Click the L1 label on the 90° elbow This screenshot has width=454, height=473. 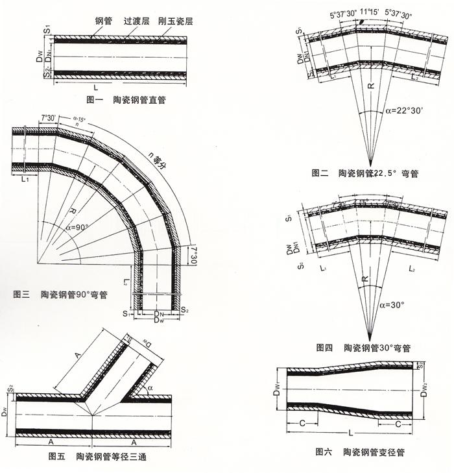coord(25,179)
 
